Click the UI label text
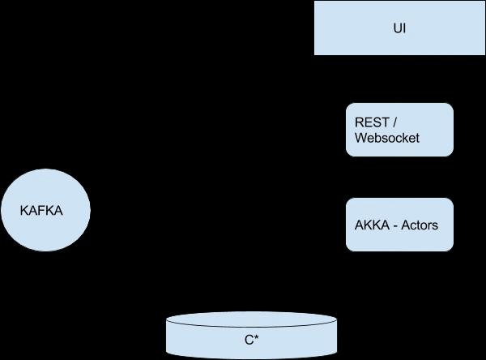coord(399,28)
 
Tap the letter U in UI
coord(396,28)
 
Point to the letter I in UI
coord(403,28)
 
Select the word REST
coord(372,122)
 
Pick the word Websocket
coord(387,138)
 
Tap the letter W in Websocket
coord(361,138)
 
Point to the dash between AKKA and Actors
coord(396,225)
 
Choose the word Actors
coord(420,225)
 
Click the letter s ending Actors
coord(435,225)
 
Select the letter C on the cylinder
coord(249,341)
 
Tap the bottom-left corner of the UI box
coord(315,54)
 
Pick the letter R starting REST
coord(360,122)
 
